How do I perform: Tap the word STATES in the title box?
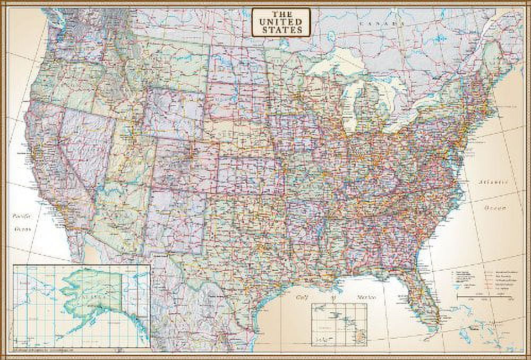coord(278,30)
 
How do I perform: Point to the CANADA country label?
coord(378,24)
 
